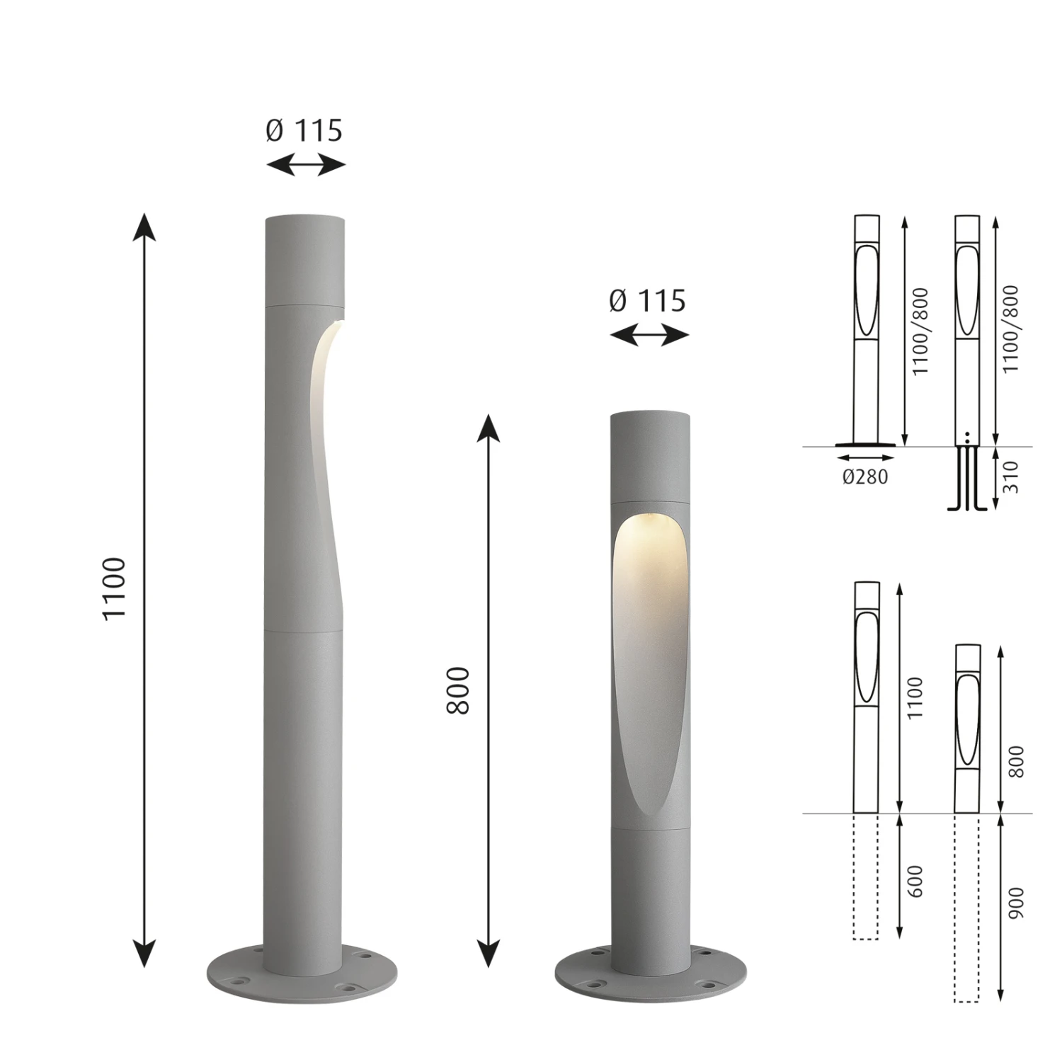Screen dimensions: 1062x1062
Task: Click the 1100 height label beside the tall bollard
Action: click(x=114, y=589)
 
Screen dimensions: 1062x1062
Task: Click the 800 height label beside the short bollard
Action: click(x=459, y=690)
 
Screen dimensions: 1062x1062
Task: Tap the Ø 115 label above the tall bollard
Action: click(x=304, y=130)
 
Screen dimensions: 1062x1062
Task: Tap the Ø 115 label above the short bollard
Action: click(x=648, y=301)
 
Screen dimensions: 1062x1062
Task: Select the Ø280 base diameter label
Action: click(x=865, y=476)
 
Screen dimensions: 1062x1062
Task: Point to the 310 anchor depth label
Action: click(x=1010, y=477)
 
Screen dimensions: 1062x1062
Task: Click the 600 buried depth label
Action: click(x=915, y=881)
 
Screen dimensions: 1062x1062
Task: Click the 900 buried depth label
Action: click(x=1016, y=903)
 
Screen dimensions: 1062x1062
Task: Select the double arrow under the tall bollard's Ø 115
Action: click(x=306, y=166)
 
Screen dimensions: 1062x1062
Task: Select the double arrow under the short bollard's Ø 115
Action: click(x=649, y=336)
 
